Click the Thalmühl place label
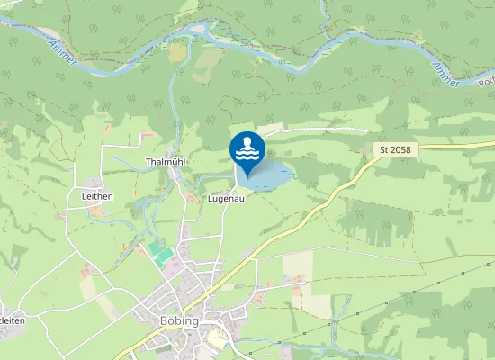165,163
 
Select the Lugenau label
226,198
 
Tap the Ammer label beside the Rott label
445,75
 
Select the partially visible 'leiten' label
10,320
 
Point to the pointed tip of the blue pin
247,176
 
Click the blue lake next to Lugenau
274,175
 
